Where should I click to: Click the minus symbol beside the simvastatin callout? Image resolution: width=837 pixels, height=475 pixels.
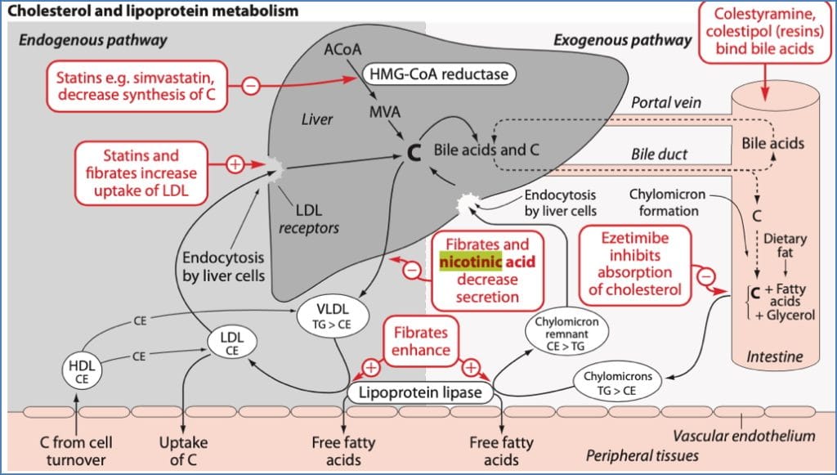click(x=251, y=84)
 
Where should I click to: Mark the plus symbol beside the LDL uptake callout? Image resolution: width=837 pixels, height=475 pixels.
click(x=235, y=165)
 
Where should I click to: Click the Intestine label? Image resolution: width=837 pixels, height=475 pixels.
click(x=775, y=357)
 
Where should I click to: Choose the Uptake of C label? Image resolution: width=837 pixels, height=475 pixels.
click(x=183, y=451)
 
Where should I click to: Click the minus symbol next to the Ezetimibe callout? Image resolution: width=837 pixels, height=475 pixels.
click(x=708, y=276)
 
